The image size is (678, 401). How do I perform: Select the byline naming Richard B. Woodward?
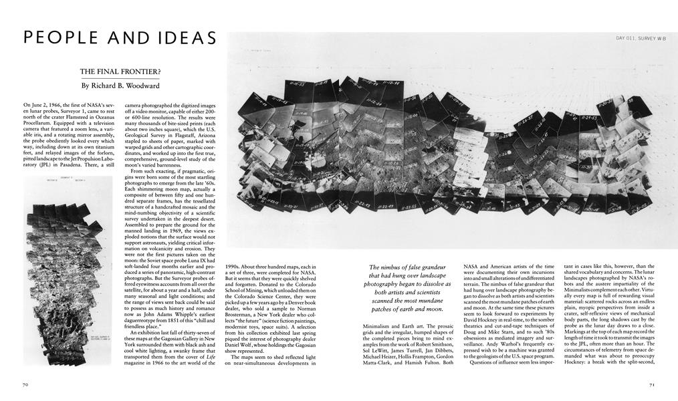(x=121, y=86)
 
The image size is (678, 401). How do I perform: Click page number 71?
(x=652, y=386)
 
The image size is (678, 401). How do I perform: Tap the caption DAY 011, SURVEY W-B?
(x=641, y=39)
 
